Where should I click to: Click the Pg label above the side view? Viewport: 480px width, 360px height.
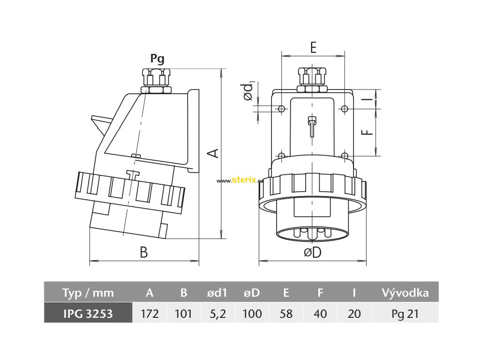(157, 59)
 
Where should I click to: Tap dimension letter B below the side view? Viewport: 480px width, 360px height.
(144, 252)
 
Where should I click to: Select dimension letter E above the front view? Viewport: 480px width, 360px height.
(313, 47)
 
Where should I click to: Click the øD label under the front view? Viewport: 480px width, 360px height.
(313, 252)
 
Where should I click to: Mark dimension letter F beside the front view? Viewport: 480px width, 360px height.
(369, 132)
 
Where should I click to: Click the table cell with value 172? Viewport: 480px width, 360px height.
(150, 314)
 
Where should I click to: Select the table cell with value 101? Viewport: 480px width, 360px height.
(184, 314)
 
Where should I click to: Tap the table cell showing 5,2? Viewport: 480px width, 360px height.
(217, 314)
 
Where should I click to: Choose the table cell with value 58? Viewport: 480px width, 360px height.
(286, 314)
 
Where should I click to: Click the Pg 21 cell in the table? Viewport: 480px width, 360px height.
(405, 314)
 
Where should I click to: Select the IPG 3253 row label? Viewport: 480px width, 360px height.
(88, 314)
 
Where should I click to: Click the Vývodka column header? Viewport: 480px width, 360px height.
(405, 293)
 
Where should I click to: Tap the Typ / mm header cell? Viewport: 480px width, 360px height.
(88, 293)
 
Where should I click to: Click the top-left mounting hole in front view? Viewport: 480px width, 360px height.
(281, 109)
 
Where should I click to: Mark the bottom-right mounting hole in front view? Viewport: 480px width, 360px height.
(345, 156)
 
